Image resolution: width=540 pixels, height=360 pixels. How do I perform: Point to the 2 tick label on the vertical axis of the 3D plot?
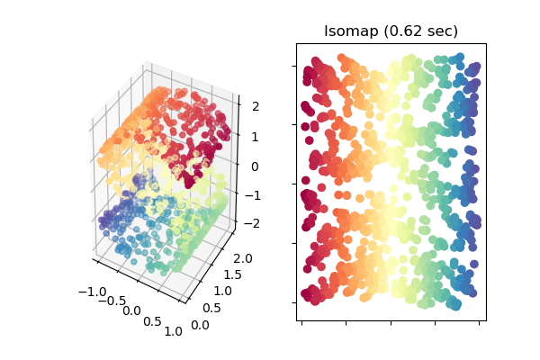[255, 107]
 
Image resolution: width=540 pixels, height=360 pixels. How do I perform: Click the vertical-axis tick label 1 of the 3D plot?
[255, 137]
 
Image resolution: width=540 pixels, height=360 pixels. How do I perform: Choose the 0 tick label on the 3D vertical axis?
[255, 166]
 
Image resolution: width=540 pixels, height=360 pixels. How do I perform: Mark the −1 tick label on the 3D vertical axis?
[252, 195]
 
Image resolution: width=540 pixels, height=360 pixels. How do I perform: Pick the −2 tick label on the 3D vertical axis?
[251, 223]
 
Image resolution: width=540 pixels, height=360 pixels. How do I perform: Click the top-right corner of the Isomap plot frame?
[487, 43]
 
